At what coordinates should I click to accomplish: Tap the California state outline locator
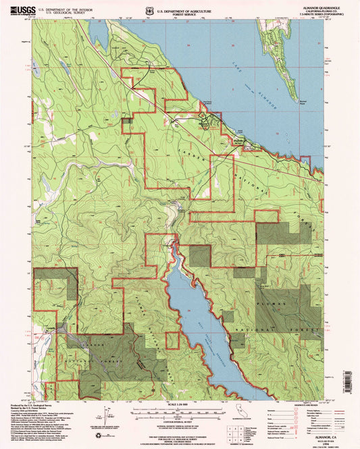[240, 408]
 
